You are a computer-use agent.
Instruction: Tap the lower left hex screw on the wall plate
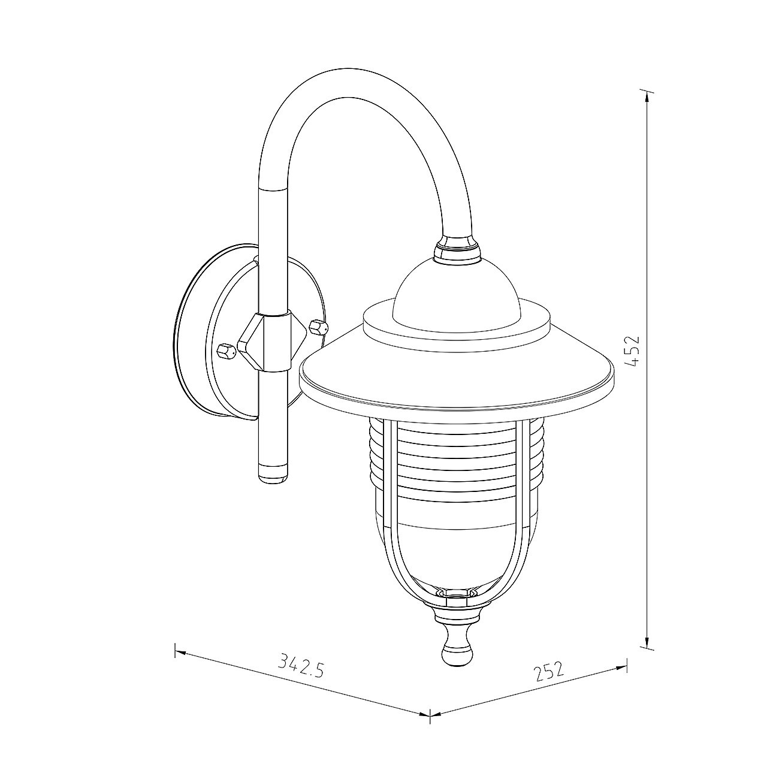tap(227, 351)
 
